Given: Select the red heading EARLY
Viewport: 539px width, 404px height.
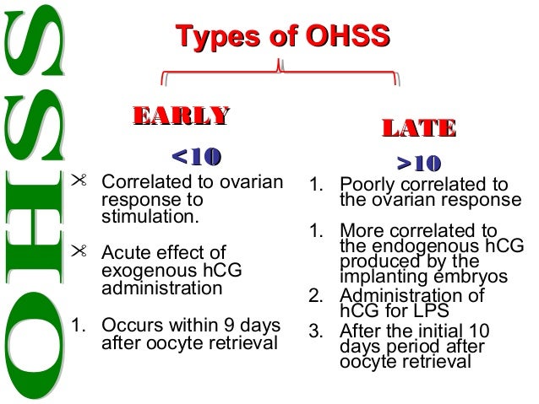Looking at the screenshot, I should point(178,116).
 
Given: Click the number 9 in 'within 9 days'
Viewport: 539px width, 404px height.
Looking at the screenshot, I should point(228,326).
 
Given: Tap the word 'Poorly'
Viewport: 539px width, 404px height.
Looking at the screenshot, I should point(366,186).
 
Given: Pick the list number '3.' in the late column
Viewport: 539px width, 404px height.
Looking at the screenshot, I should point(318,329).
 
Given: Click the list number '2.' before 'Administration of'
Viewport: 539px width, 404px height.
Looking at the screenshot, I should point(318,295).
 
